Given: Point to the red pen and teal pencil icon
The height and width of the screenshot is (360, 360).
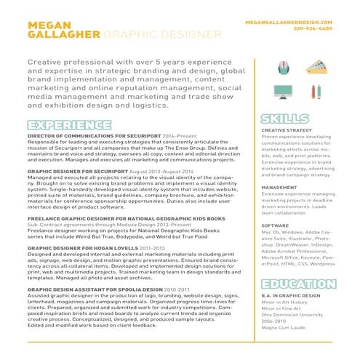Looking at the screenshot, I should click(315, 92).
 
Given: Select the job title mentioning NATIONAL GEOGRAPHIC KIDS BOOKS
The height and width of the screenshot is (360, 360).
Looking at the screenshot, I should click(116, 218).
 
